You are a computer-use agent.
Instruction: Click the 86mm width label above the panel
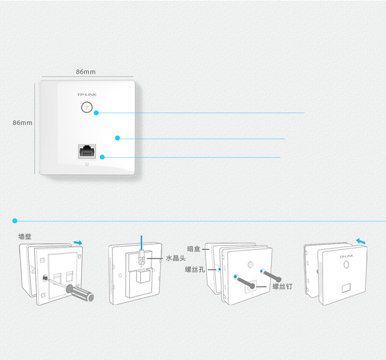click(x=85, y=72)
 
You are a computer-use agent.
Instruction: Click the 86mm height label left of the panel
click(x=23, y=122)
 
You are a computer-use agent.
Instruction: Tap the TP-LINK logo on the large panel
click(x=86, y=95)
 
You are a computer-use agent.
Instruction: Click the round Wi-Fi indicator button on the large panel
click(x=86, y=107)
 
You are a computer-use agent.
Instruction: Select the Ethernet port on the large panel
click(x=87, y=151)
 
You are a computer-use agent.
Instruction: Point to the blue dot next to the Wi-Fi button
click(x=96, y=113)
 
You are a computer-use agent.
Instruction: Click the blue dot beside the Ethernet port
click(x=102, y=157)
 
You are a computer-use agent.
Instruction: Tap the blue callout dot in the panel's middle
click(x=117, y=138)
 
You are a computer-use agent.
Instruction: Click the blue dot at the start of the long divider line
click(x=15, y=221)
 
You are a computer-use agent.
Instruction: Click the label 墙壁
click(x=25, y=237)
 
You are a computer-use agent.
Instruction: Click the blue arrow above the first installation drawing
click(x=78, y=243)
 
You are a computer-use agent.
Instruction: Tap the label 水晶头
click(x=176, y=258)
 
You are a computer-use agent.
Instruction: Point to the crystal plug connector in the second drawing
click(x=142, y=257)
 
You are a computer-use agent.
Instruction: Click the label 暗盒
click(x=194, y=249)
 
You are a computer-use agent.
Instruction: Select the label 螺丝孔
click(x=195, y=269)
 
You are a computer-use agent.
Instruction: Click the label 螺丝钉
click(x=283, y=286)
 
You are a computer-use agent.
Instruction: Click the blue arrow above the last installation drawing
click(x=361, y=241)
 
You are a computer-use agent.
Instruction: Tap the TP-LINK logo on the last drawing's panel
click(x=346, y=257)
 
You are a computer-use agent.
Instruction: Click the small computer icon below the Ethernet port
click(x=86, y=164)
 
